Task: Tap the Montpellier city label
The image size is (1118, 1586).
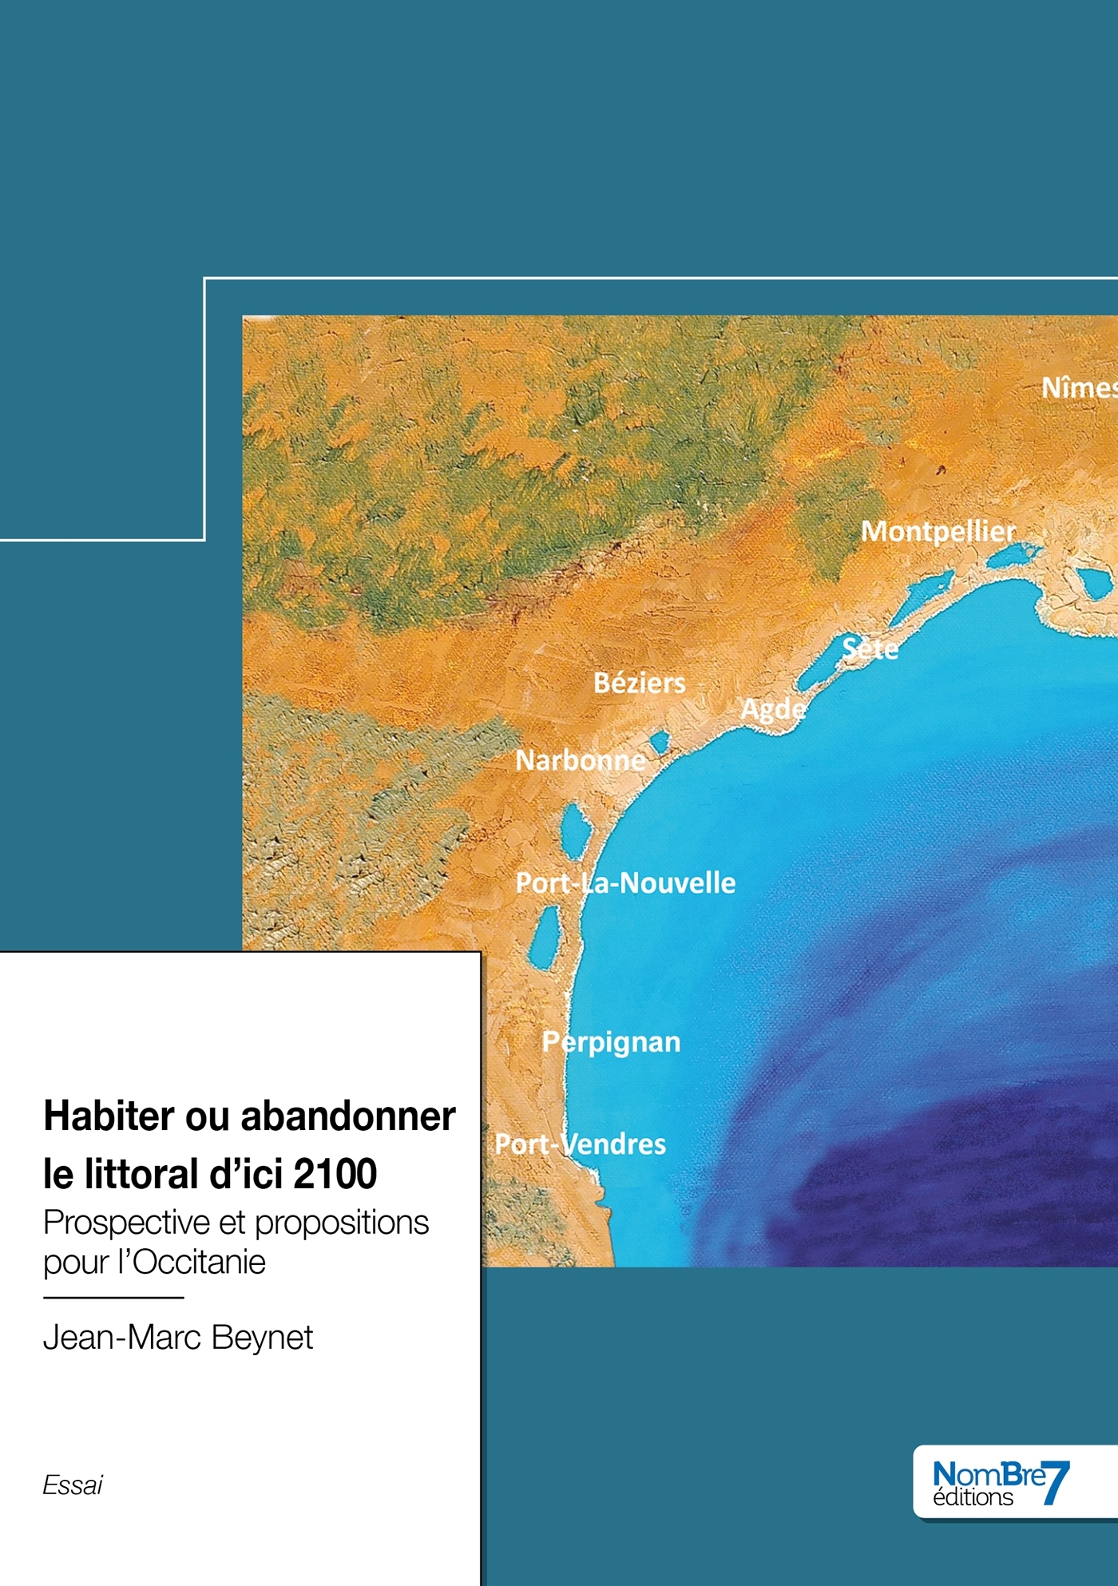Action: [x=938, y=532]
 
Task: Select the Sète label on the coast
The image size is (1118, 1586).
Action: [x=870, y=648]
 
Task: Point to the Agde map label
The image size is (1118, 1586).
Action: [x=773, y=709]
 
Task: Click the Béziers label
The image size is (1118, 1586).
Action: [x=640, y=684]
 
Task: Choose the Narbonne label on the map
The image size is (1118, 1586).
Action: [x=581, y=760]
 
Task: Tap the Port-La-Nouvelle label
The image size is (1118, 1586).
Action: [x=625, y=883]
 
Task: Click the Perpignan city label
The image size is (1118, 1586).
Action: [x=612, y=1042]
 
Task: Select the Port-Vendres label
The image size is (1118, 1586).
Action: [x=581, y=1144]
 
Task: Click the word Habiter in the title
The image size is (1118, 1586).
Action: [x=109, y=1116]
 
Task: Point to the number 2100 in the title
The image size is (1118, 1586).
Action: [x=335, y=1174]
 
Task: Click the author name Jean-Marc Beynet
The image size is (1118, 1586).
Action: [x=178, y=1338]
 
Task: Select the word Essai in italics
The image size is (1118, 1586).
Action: [x=73, y=1485]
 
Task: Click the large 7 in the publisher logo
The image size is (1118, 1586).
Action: [x=1057, y=1483]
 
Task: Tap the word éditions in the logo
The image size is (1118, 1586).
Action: [x=973, y=1497]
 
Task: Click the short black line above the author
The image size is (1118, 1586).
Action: [x=113, y=1298]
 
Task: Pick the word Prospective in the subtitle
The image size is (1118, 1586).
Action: [x=126, y=1223]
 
